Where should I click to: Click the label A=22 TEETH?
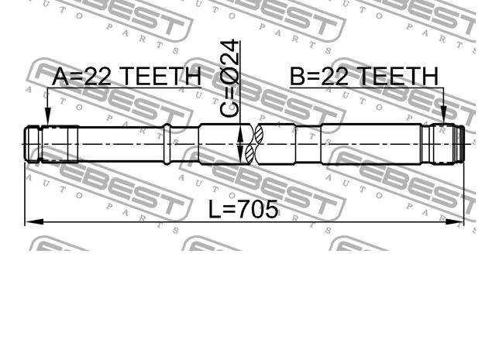coord(126,76)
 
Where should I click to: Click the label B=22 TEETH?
coord(364,76)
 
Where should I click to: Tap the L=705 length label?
coord(243,209)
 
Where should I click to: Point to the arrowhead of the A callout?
coord(48,117)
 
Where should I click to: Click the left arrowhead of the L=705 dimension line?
coord(34,222)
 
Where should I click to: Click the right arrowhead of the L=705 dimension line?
coord(454,222)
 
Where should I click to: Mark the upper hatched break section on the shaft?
coord(259,134)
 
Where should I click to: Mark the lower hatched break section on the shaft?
coord(250,154)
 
